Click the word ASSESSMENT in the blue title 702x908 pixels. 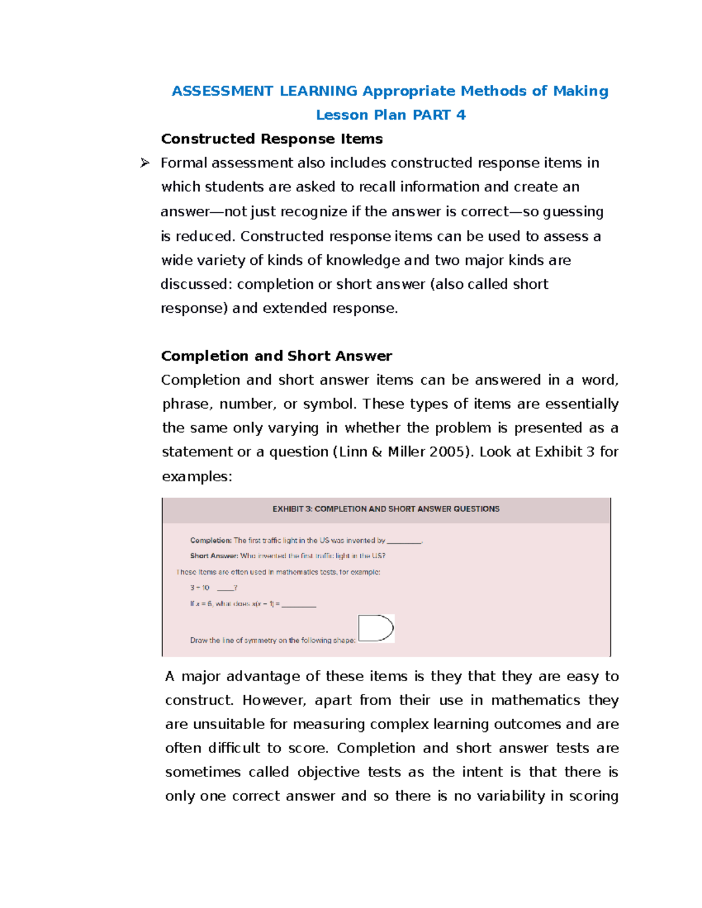click(x=222, y=91)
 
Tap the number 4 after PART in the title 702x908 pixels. click(x=461, y=115)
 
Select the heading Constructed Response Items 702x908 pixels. click(x=271, y=139)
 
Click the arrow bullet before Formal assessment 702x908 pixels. click(x=144, y=163)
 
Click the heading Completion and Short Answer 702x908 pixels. click(x=276, y=356)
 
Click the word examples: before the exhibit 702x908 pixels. click(x=197, y=477)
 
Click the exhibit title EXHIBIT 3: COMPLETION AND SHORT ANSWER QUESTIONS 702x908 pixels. click(x=386, y=509)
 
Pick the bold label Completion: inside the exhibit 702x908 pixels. click(x=211, y=541)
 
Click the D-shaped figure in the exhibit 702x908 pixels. click(x=376, y=629)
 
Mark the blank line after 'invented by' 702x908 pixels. click(x=404, y=542)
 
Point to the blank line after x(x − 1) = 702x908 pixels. click(x=299, y=606)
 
